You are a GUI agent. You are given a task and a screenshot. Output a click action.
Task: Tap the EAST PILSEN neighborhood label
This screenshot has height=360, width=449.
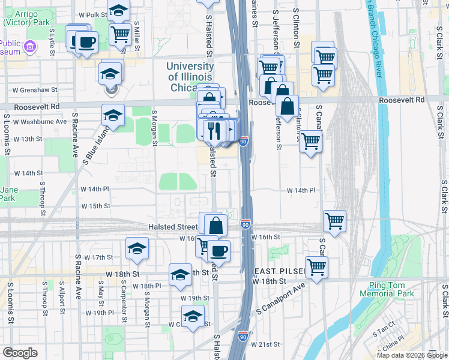tap(279, 271)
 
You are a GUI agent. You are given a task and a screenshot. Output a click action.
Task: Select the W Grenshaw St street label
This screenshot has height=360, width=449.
tap(35, 90)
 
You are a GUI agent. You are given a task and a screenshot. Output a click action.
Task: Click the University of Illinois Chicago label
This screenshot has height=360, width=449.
tap(190, 77)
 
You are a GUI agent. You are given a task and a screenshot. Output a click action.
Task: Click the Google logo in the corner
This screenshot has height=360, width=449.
tap(20, 353)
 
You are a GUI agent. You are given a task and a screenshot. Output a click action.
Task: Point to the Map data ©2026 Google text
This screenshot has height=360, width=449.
tap(412, 355)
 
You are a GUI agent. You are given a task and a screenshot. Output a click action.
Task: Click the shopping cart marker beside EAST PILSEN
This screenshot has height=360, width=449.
tap(316, 266)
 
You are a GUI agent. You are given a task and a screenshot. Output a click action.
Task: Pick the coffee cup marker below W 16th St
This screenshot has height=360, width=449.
tap(219, 251)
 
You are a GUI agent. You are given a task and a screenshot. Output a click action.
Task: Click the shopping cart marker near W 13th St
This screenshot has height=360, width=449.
tap(310, 142)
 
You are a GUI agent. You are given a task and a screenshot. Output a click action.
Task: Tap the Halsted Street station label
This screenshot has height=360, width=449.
tap(173, 227)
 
